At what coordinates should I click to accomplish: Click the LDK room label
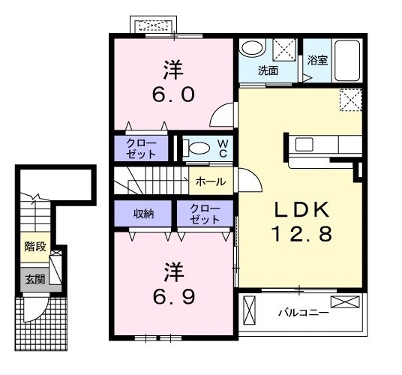(301, 210)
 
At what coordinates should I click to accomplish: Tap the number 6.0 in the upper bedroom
(173, 94)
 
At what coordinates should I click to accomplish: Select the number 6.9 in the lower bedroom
(174, 296)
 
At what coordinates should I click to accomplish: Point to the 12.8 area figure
(301, 234)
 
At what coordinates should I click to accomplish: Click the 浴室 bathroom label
(318, 60)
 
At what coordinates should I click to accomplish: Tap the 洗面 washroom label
(268, 70)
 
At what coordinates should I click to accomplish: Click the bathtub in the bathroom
(347, 61)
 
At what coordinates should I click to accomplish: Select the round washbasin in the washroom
(253, 48)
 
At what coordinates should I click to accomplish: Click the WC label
(223, 149)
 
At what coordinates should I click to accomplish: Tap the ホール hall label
(211, 181)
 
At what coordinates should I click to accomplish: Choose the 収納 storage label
(143, 214)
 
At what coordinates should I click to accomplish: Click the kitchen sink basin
(304, 145)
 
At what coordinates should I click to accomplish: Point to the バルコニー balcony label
(304, 313)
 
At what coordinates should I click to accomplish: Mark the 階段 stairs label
(35, 247)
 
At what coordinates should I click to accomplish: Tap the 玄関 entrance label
(35, 279)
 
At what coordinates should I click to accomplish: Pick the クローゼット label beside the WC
(141, 148)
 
